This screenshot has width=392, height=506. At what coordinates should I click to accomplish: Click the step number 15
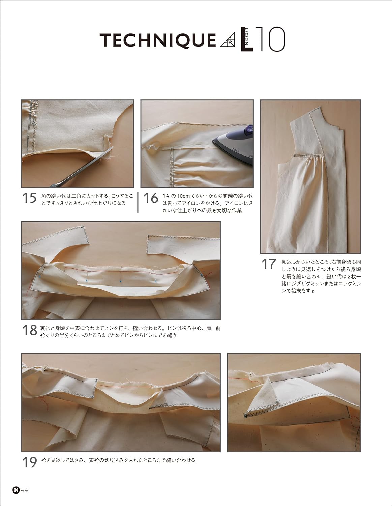(x=29, y=198)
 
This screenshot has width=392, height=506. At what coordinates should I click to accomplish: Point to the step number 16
(x=150, y=198)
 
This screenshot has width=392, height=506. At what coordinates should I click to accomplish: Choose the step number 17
(x=269, y=264)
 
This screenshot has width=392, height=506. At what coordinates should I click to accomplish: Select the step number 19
(x=29, y=462)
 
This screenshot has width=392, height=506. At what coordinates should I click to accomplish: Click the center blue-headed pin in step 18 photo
(x=121, y=280)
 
